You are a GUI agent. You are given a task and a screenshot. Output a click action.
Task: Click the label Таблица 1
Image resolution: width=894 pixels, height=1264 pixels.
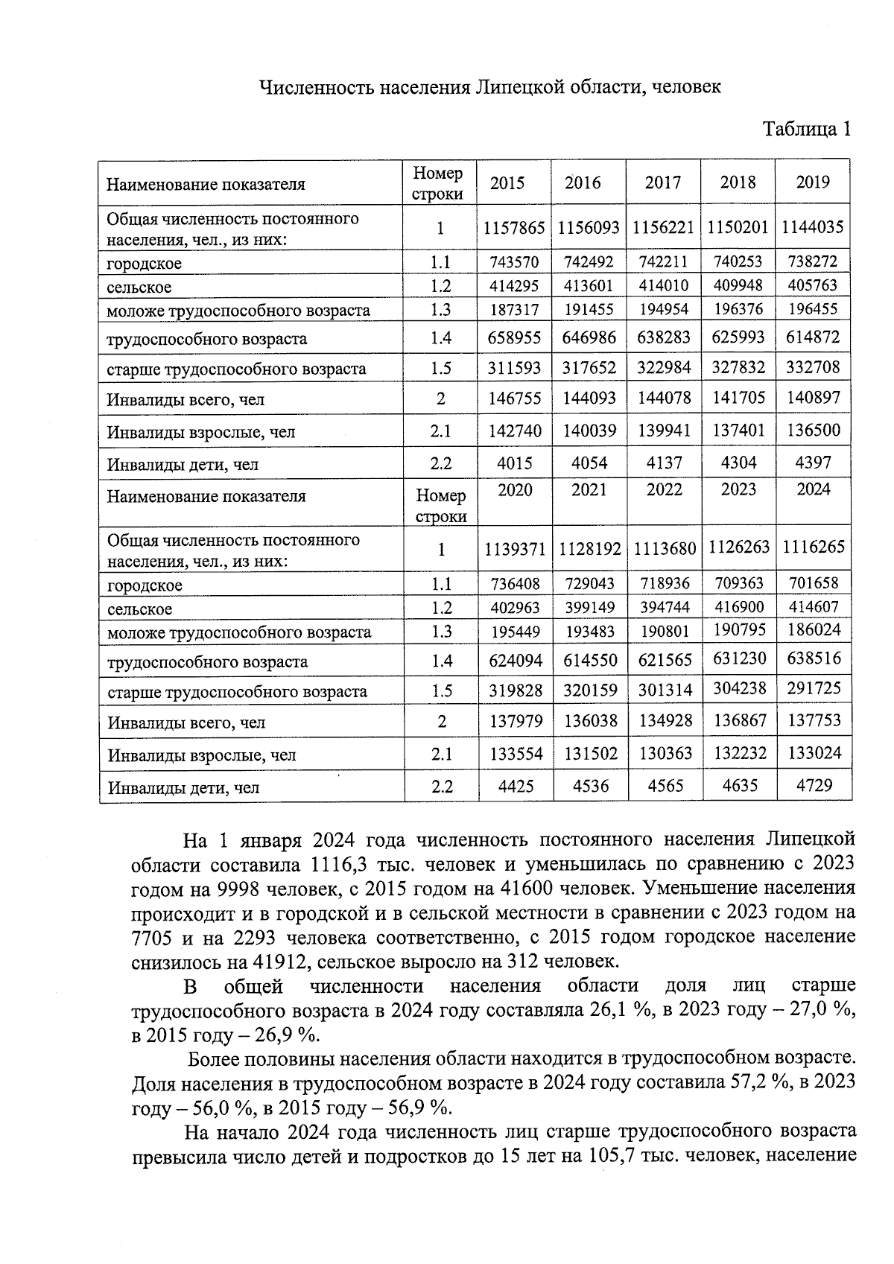(806, 130)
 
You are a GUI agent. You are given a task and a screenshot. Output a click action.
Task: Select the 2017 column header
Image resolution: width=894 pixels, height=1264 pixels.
(662, 182)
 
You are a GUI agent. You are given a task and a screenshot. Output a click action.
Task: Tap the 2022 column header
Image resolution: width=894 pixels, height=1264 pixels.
(664, 490)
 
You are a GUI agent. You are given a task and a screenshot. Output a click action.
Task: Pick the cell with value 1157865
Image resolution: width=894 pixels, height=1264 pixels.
(514, 227)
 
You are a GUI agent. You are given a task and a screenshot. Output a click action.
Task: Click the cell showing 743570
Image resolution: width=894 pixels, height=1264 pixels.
(514, 261)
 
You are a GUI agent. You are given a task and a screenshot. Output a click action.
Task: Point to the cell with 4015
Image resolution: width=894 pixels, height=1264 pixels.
(514, 463)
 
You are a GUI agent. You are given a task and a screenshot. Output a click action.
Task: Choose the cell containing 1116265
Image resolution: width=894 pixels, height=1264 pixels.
(814, 547)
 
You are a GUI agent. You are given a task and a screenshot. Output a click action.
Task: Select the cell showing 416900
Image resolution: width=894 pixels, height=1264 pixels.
(738, 607)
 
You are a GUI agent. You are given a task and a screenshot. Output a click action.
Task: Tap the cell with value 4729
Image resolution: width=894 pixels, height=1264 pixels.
(814, 785)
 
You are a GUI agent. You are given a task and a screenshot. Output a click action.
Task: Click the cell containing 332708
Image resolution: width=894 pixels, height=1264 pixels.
(812, 367)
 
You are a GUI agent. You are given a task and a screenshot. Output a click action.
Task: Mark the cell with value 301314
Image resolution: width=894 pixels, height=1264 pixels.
(665, 690)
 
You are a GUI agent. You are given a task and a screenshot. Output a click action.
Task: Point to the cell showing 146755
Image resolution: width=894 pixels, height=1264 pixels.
(514, 398)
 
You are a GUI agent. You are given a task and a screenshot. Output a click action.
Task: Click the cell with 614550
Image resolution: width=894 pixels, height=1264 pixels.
(590, 661)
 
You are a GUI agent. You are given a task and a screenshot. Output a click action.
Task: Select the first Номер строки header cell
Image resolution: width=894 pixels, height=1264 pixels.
(438, 183)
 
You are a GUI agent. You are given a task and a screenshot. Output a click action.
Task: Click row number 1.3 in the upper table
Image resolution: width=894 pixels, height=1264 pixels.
(440, 310)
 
